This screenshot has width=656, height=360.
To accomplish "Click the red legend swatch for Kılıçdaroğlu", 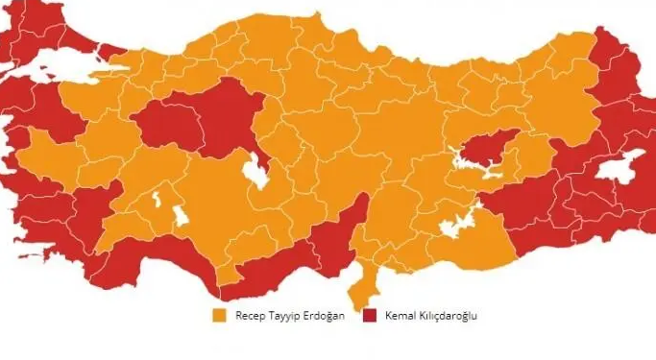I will (x=371, y=315).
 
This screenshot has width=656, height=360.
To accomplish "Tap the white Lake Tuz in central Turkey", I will (x=255, y=174).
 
